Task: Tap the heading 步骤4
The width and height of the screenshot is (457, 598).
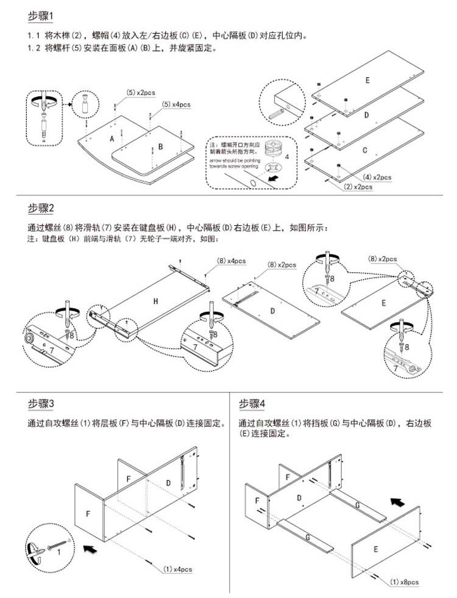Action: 252,403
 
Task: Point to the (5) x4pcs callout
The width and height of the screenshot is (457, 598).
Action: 176,104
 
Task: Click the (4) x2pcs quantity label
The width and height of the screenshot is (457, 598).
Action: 377,177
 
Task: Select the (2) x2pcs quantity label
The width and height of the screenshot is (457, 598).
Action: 358,187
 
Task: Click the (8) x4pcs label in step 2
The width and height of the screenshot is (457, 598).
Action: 231,261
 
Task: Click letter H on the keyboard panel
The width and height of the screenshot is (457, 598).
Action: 156,301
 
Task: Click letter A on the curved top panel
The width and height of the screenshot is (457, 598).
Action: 112,139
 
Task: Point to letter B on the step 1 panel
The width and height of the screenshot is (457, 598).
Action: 160,146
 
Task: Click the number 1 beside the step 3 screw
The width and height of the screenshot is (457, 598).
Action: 58,552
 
